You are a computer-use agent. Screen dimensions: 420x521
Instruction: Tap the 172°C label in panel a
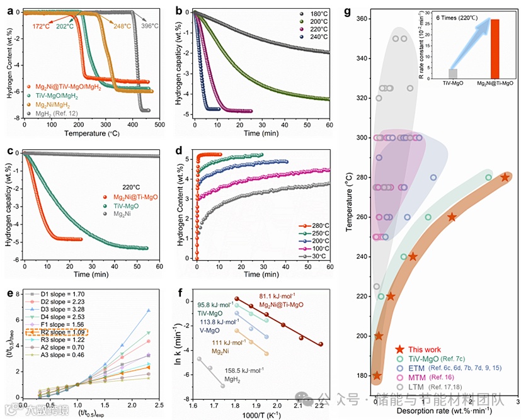(41, 26)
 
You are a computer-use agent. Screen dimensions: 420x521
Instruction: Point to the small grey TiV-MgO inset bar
(452, 74)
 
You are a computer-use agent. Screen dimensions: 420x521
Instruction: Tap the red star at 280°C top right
(505, 178)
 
